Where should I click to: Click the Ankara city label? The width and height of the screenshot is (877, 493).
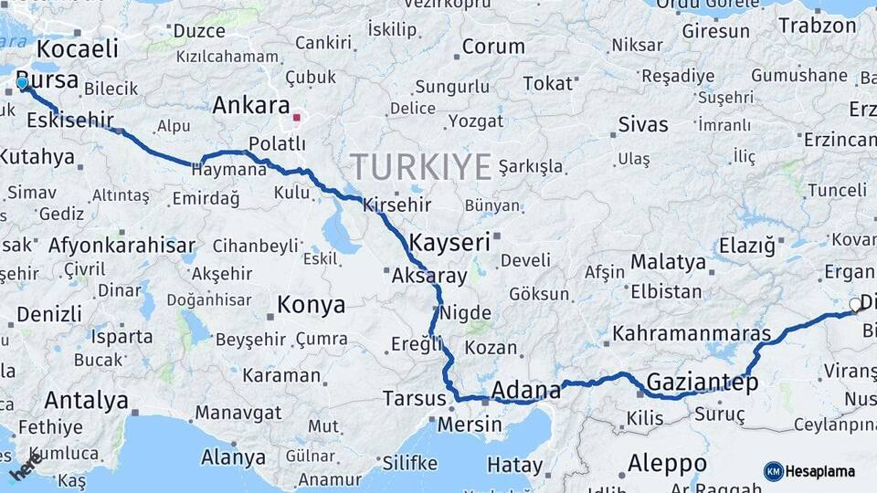[x=250, y=106]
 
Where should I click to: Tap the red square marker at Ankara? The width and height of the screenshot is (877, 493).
[x=296, y=118]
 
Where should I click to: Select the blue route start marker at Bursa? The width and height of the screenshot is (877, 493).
[x=22, y=83]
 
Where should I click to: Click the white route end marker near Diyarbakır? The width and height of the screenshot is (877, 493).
[x=855, y=305]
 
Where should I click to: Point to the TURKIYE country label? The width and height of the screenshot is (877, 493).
[x=421, y=167]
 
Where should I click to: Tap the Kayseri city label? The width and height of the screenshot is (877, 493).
[x=450, y=243]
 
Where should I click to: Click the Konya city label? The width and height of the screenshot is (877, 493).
[x=312, y=305]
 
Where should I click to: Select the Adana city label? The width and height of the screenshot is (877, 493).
[x=525, y=391]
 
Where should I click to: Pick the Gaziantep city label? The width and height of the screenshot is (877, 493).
[x=703, y=383]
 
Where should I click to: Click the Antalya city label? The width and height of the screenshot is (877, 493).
[x=86, y=400]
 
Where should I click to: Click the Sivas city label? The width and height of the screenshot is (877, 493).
[x=642, y=123]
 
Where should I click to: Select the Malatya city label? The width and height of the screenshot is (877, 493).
[x=668, y=262]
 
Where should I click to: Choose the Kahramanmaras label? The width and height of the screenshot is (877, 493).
[x=692, y=333]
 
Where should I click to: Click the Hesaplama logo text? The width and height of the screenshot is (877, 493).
[x=821, y=471]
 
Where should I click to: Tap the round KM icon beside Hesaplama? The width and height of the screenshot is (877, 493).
[x=774, y=471]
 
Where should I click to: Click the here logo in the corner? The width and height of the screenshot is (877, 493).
[x=25, y=465]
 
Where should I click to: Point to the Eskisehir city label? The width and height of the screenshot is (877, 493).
[x=69, y=120]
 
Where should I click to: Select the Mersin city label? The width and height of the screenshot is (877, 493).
[x=470, y=425]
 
